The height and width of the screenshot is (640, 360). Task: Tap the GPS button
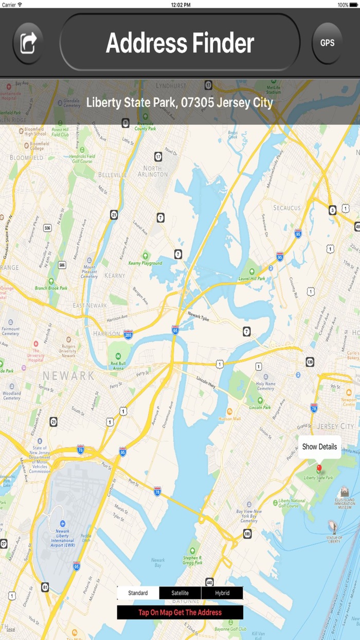(327, 43)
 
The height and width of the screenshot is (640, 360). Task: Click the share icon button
(28, 43)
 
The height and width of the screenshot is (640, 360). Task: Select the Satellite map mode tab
(180, 593)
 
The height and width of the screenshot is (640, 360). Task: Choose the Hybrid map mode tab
(222, 593)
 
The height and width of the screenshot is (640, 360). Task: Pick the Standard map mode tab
(138, 593)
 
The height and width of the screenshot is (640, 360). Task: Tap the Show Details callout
(319, 447)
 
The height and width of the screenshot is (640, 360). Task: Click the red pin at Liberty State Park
(319, 468)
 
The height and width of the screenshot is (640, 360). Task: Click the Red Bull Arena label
(118, 366)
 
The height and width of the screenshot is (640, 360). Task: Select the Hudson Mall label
(229, 418)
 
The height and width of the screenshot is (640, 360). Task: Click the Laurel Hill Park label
(252, 278)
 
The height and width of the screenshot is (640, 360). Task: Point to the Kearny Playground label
(145, 263)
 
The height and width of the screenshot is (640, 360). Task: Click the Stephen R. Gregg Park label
(192, 560)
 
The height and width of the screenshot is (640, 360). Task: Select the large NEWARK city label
(68, 376)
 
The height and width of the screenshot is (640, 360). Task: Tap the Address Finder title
(180, 43)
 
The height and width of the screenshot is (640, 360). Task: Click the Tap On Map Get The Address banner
(180, 612)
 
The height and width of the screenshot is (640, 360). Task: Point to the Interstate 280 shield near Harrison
(129, 334)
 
